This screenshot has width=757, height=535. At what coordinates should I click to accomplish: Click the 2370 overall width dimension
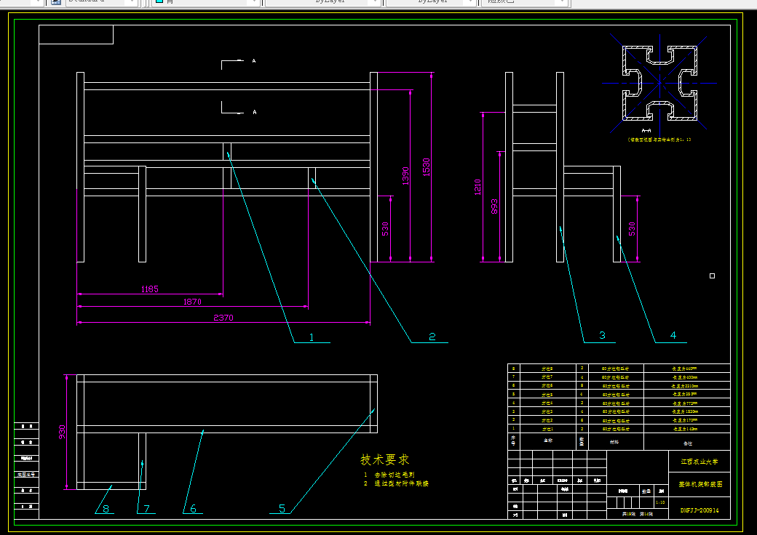point(223,318)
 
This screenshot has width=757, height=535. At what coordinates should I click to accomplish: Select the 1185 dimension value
point(149,289)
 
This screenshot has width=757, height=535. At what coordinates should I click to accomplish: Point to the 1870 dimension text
point(192,302)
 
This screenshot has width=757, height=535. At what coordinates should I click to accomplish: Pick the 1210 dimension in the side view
point(477,188)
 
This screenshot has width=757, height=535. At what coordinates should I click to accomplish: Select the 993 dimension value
point(495,206)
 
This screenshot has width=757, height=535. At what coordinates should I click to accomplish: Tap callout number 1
point(312,337)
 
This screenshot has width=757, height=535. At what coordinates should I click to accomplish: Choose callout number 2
point(432,337)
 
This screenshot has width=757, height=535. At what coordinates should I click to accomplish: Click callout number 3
point(602,335)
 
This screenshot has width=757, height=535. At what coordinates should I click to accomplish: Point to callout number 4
point(673,335)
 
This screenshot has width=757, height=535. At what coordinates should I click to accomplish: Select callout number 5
point(282,509)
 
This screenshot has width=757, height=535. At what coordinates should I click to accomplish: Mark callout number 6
point(194,509)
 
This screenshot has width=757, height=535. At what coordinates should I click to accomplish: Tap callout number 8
point(106,509)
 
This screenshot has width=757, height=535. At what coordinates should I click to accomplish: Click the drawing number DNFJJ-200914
point(699,510)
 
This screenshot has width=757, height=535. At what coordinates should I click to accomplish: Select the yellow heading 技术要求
point(385,460)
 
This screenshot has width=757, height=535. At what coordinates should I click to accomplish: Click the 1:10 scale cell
point(660,502)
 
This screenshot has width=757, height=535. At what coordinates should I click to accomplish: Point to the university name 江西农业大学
point(699,461)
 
